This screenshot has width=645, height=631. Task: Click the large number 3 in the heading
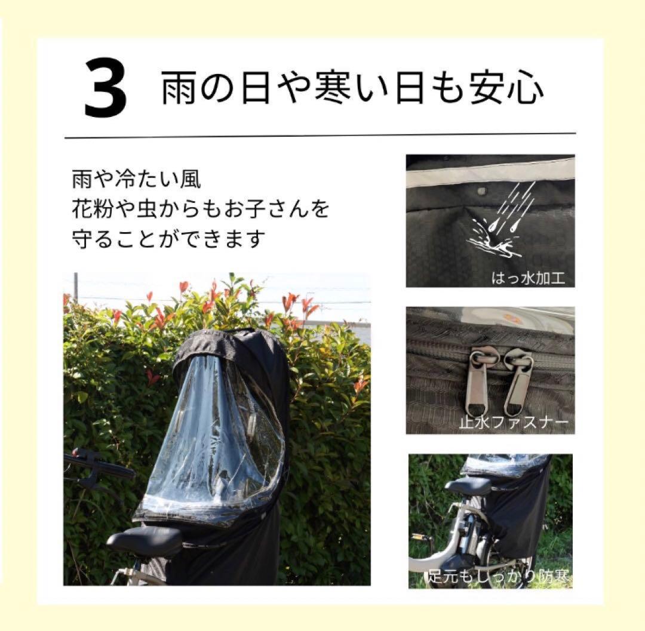pyautogui.click(x=106, y=89)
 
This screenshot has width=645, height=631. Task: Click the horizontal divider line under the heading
pyautogui.click(x=320, y=136)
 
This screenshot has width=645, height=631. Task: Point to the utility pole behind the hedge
pyautogui.click(x=76, y=287)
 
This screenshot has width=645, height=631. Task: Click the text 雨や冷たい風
pyautogui.click(x=128, y=180)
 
